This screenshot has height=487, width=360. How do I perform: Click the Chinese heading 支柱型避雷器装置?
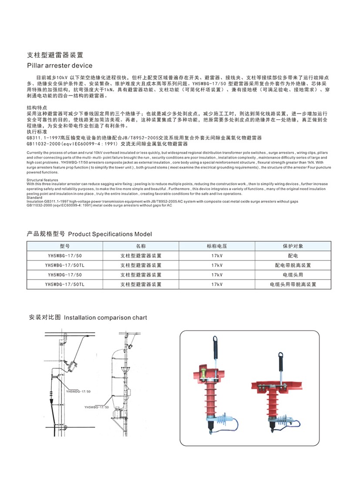[55, 55]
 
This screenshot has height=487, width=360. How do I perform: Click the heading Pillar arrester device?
[60, 66]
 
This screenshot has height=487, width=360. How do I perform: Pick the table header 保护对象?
[293, 246]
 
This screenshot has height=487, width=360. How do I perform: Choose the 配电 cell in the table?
[293, 256]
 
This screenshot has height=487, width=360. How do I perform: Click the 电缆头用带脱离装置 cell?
[293, 284]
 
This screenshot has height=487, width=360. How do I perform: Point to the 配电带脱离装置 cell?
[293, 265]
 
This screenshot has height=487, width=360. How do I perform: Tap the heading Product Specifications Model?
[110, 234]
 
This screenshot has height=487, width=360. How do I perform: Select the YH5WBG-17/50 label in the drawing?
[97, 407]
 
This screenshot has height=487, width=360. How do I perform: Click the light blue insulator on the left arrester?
[224, 420]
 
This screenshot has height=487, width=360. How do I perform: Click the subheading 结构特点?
[37, 107]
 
